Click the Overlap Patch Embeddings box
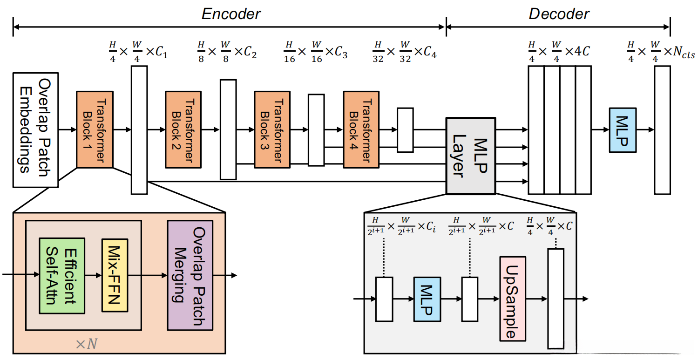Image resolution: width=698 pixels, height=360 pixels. click(x=35, y=129)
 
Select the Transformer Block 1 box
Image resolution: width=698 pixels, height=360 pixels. click(x=95, y=129)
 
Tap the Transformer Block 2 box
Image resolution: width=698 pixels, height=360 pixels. click(x=183, y=129)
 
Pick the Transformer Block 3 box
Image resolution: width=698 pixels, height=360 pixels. click(x=272, y=129)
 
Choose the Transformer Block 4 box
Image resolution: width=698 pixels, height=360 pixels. click(x=362, y=129)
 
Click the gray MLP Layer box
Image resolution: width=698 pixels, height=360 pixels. click(x=470, y=155)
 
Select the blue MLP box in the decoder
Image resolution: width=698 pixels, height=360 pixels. click(x=623, y=129)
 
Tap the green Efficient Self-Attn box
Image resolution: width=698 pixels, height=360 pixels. click(x=61, y=275)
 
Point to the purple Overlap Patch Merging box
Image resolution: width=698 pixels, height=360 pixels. click(x=190, y=275)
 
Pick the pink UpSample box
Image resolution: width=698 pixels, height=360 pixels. click(x=512, y=299)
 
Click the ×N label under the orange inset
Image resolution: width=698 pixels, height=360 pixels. click(x=87, y=344)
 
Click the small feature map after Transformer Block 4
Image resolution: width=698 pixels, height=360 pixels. click(x=405, y=130)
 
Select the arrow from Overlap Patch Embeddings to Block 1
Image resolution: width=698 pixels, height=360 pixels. click(x=67, y=129)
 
